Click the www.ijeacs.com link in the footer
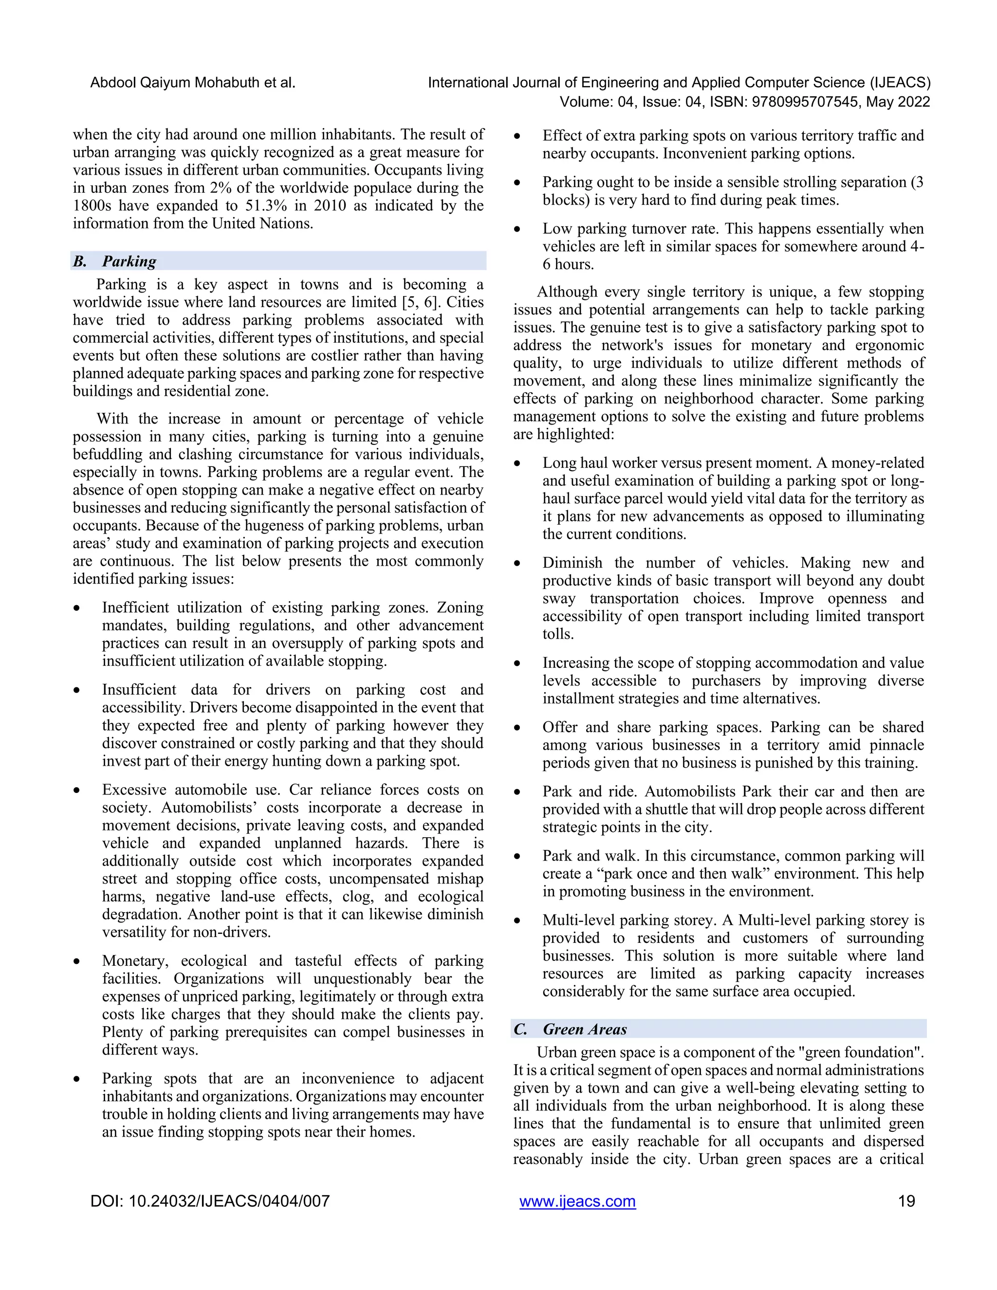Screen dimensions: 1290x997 pos(577,1201)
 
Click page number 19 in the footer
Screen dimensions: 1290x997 pos(906,1201)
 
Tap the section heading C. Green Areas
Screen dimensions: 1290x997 pos(570,1029)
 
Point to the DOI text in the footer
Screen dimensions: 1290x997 pos(210,1201)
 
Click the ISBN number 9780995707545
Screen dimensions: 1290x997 pos(804,102)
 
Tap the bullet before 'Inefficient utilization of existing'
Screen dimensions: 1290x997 pos(77,608)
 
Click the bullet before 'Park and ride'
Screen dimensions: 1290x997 pos(517,792)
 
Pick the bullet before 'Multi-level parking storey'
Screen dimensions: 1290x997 pos(517,921)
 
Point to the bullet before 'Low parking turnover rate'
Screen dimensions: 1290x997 pos(517,230)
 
